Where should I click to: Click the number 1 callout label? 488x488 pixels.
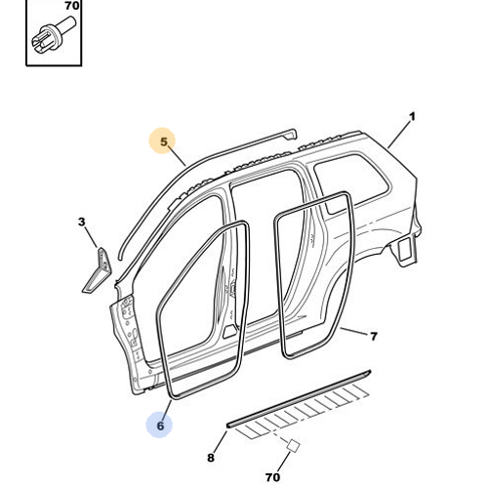tap(412, 117)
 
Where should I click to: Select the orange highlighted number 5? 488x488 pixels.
tap(164, 142)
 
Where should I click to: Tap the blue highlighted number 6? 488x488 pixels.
tap(160, 426)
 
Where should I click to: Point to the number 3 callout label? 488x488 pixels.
tap(81, 222)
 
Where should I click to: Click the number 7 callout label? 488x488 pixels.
tap(374, 336)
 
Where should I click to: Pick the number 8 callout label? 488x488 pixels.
tap(211, 458)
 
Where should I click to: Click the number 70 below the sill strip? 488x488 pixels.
tap(272, 477)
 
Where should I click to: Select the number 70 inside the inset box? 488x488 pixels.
tap(71, 6)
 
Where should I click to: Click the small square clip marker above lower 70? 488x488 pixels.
tap(293, 445)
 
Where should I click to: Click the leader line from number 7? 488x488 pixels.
tap(354, 331)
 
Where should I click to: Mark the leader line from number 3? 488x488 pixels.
tap(91, 237)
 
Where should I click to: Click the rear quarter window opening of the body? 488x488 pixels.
tap(351, 183)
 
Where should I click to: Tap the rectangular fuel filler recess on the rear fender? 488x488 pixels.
tap(405, 249)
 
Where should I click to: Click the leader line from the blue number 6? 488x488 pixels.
tap(167, 410)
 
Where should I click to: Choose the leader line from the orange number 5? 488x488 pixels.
tap(178, 156)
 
